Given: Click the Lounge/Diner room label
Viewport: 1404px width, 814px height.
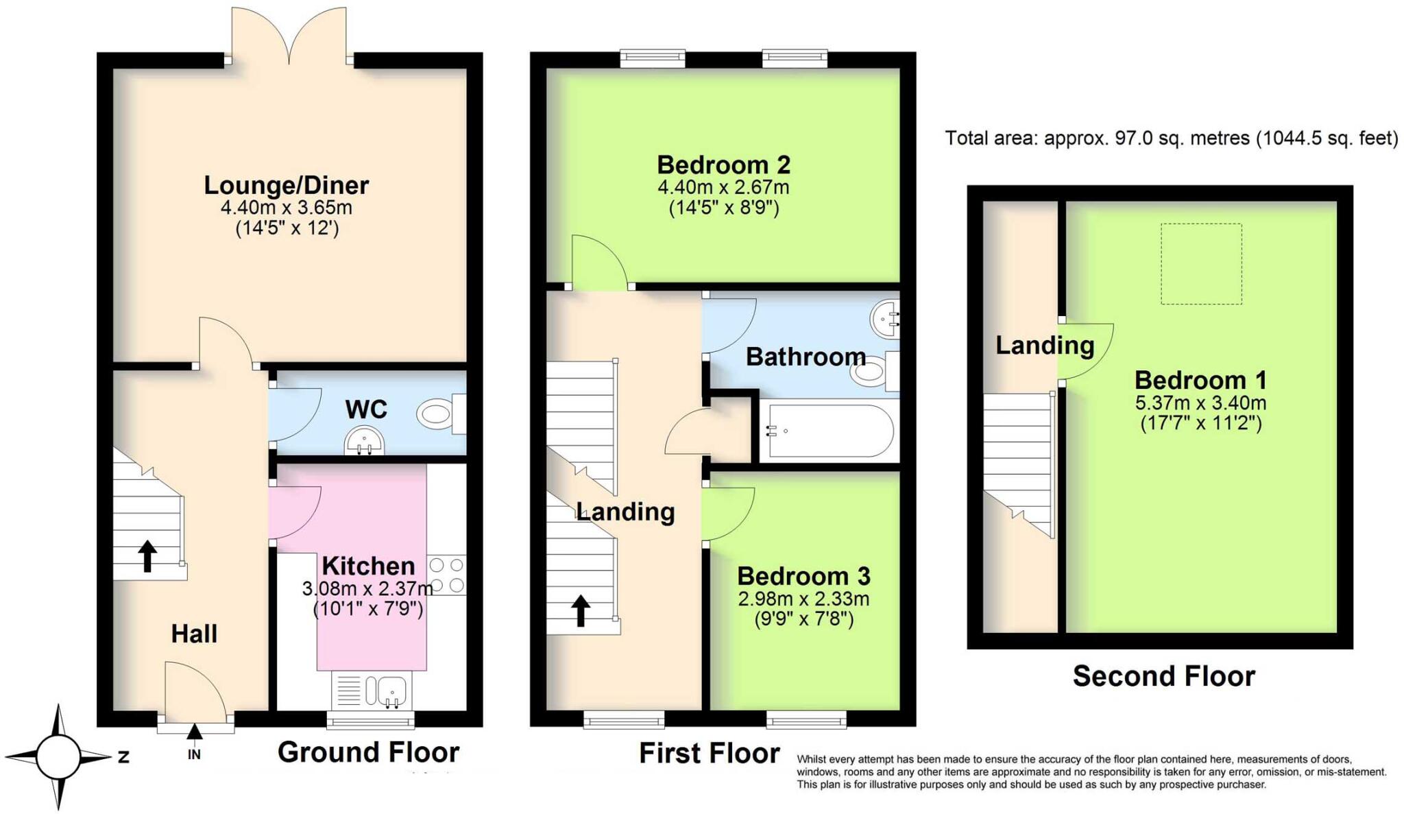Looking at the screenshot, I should click(x=286, y=185).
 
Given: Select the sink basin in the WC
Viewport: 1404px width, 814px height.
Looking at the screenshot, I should click(x=363, y=441).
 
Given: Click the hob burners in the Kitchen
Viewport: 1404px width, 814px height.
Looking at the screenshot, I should click(x=446, y=575).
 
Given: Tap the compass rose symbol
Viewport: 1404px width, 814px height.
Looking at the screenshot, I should click(x=58, y=757).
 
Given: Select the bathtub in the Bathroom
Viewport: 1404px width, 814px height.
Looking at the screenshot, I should click(x=830, y=431).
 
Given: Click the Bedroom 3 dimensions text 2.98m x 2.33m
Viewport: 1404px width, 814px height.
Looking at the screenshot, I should click(x=803, y=599).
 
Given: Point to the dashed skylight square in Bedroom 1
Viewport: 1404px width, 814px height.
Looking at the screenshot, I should click(x=1200, y=264).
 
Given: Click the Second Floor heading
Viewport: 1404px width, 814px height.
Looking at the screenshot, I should click(x=1163, y=676).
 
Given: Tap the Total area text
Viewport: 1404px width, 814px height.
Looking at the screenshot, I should click(x=1171, y=139).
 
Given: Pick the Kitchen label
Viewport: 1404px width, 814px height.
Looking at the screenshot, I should click(x=368, y=566).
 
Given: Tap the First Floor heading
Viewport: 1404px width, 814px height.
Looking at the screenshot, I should click(x=709, y=753).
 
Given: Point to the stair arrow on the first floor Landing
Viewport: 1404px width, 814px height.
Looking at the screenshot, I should click(x=581, y=610).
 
